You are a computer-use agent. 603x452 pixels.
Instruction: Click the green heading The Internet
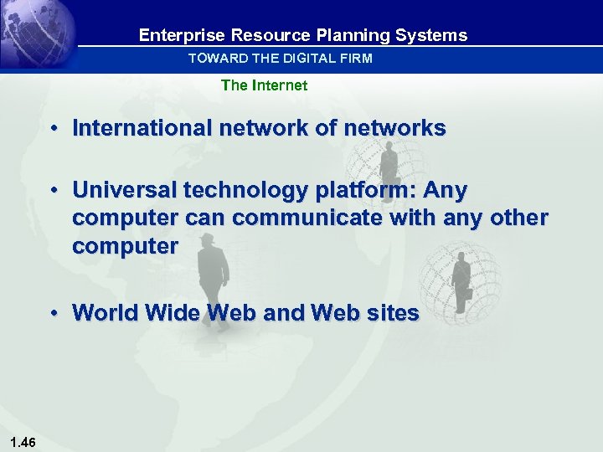264,85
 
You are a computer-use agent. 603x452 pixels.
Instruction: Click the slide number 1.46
23,442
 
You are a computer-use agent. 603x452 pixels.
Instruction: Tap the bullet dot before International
53,129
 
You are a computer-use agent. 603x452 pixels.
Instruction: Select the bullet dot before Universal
53,192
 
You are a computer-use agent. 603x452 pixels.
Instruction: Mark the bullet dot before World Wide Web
53,313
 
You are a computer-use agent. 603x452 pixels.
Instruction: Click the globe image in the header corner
38,33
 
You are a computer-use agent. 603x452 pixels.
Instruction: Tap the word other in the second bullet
519,218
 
